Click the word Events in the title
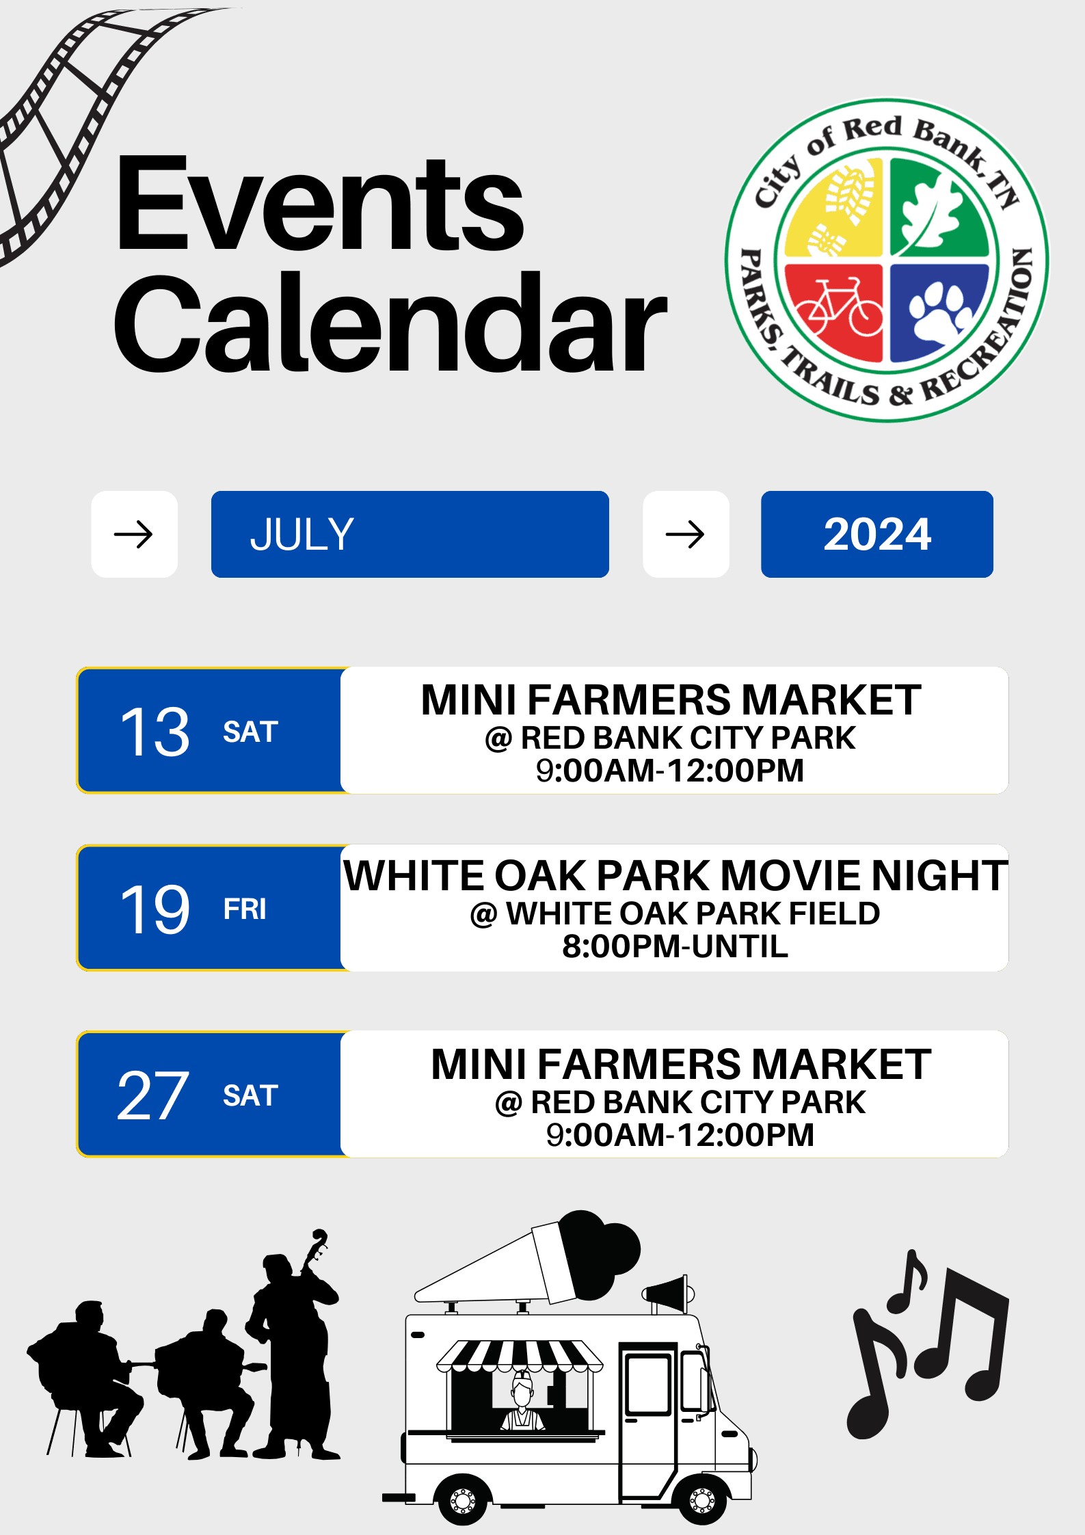coord(320,203)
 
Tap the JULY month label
coord(302,534)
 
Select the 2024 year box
coord(877,534)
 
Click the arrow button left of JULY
coord(134,534)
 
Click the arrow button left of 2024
coord(686,534)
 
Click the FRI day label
coord(245,909)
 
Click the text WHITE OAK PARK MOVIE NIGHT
coord(675,875)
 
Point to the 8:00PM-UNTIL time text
coord(675,946)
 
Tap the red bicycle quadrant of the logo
coord(835,310)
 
